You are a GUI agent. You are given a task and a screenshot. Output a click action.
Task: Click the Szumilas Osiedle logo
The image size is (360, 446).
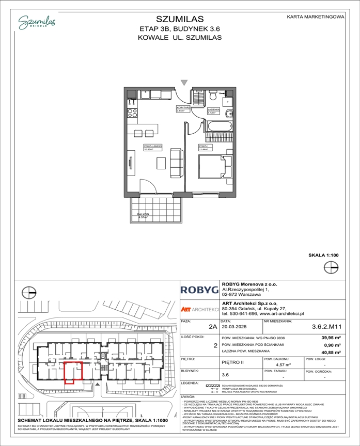pyautogui.click(x=37, y=22)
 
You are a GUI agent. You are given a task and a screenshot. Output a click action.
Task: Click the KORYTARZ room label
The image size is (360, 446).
pyautogui.click(x=181, y=108)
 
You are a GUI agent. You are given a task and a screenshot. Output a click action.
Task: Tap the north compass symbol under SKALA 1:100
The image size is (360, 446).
pyautogui.click(x=331, y=267)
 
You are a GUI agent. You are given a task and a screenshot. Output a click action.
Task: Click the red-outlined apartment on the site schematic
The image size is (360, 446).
pyautogui.click(x=73, y=372)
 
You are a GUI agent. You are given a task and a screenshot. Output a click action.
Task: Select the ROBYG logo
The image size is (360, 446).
pyautogui.click(x=199, y=291)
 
